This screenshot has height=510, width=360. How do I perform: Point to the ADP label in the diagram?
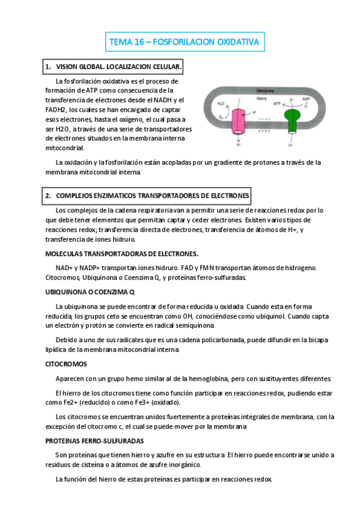click(x=306, y=98)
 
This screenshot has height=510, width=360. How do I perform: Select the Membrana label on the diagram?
click(x=266, y=88)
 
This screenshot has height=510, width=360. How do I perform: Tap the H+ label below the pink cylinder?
click(x=239, y=145)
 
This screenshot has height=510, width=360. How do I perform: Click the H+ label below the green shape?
click(x=291, y=145)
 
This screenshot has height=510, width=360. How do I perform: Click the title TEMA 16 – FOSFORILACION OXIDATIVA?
click(x=184, y=43)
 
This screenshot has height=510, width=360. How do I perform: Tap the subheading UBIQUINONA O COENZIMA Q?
click(x=90, y=292)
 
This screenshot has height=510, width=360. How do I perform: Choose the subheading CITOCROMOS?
click(x=66, y=364)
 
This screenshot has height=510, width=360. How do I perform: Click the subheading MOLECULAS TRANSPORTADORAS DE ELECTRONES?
click(x=122, y=253)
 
